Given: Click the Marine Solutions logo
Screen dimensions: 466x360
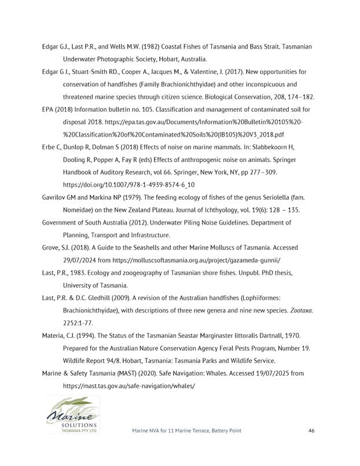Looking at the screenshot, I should (x=72, y=414).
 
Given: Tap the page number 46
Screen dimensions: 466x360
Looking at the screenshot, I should (x=311, y=431).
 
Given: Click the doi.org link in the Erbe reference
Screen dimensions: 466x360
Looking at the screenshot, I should (x=128, y=184).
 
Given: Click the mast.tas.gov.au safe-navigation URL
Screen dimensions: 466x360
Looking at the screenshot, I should (x=129, y=385).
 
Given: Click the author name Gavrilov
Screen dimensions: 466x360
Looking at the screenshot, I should (x=57, y=197).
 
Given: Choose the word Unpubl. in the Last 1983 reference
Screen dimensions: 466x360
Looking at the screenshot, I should (x=243, y=273).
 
